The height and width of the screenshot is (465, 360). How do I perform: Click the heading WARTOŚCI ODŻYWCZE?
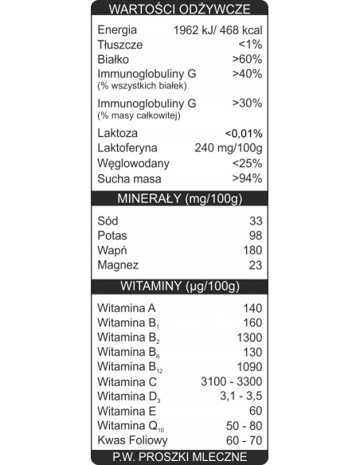click(179, 10)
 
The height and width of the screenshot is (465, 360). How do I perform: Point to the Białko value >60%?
click(247, 59)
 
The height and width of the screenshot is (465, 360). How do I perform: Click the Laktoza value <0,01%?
click(243, 133)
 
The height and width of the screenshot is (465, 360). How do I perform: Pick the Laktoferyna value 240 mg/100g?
click(228, 148)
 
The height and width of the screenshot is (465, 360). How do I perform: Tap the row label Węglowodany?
click(133, 163)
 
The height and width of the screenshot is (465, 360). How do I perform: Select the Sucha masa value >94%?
click(247, 178)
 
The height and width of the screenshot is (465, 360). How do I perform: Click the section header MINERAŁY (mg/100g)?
click(179, 198)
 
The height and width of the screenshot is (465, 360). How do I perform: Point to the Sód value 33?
click(255, 221)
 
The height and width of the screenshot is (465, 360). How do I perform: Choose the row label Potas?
click(112, 236)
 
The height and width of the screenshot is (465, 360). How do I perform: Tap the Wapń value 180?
click(252, 251)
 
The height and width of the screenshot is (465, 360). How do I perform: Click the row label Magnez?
click(118, 265)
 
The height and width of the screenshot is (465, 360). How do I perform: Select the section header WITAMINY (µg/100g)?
click(179, 286)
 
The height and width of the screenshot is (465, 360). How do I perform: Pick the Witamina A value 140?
click(252, 308)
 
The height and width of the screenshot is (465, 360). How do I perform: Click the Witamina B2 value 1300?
click(248, 338)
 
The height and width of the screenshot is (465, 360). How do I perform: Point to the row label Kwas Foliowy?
click(132, 440)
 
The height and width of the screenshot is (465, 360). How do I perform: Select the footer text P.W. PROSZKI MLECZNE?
click(179, 457)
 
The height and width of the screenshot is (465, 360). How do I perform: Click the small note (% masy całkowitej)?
click(138, 116)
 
